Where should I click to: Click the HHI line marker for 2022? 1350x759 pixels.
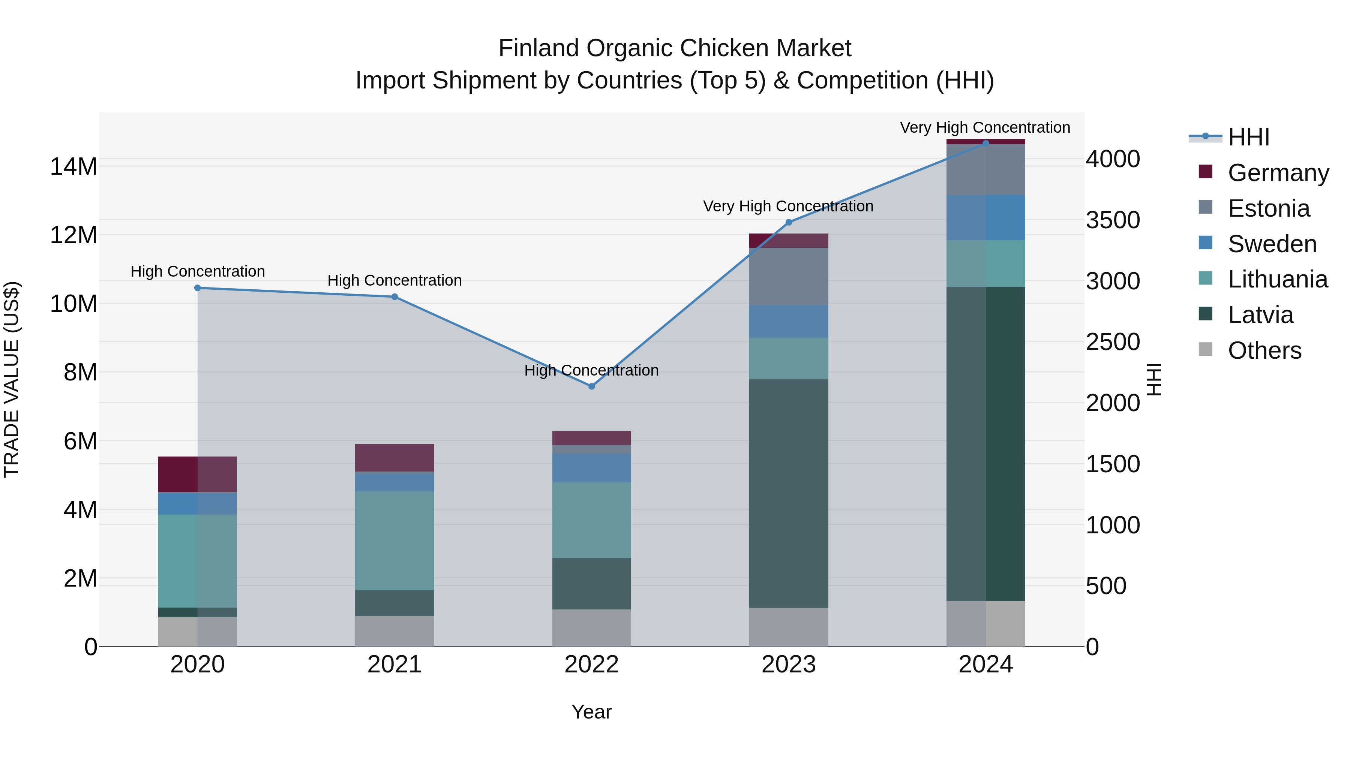click(592, 386)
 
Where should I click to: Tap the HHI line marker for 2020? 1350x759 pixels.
click(198, 287)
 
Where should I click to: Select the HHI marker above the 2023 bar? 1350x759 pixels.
click(789, 222)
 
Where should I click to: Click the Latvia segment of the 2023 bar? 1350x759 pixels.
click(789, 493)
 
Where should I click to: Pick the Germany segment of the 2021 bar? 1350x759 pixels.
click(394, 458)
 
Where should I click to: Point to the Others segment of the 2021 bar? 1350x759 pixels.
click(394, 631)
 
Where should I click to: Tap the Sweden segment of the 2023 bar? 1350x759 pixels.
click(789, 321)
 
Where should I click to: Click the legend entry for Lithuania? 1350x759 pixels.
click(1277, 279)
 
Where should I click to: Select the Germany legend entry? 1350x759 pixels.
click(1278, 172)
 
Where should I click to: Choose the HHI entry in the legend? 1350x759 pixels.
click(1248, 137)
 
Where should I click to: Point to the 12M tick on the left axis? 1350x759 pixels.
click(73, 235)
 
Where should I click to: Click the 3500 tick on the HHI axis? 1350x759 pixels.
click(1112, 220)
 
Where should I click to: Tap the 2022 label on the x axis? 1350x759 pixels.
click(592, 664)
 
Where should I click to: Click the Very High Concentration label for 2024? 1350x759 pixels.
click(985, 127)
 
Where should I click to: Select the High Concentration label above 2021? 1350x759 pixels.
click(394, 280)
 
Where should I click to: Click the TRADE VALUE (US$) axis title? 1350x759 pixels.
click(12, 379)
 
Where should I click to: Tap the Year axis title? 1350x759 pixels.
click(592, 712)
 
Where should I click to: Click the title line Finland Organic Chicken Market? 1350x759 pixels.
click(675, 48)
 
